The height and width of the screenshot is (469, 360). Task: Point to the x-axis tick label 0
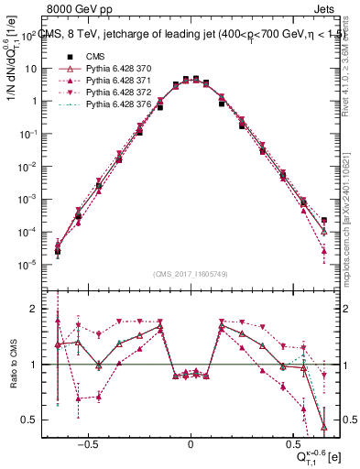click(190, 441)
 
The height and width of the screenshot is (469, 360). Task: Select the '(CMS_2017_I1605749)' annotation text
click(190, 274)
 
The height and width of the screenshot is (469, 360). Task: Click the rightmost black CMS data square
click(324, 220)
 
